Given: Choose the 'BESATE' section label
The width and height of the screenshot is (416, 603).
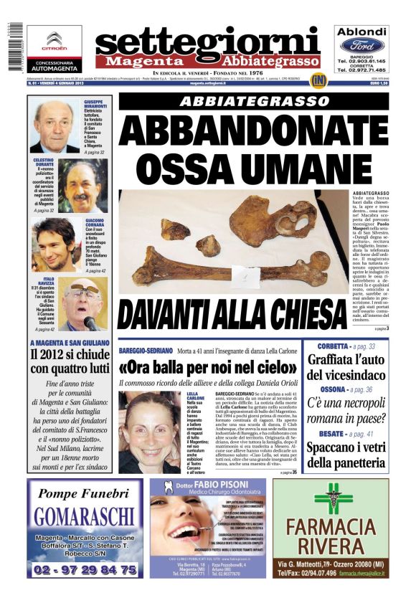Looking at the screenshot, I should (x=329, y=434).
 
